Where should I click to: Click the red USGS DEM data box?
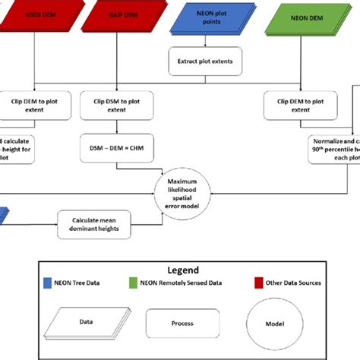36,16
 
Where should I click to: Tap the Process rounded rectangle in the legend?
182,322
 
